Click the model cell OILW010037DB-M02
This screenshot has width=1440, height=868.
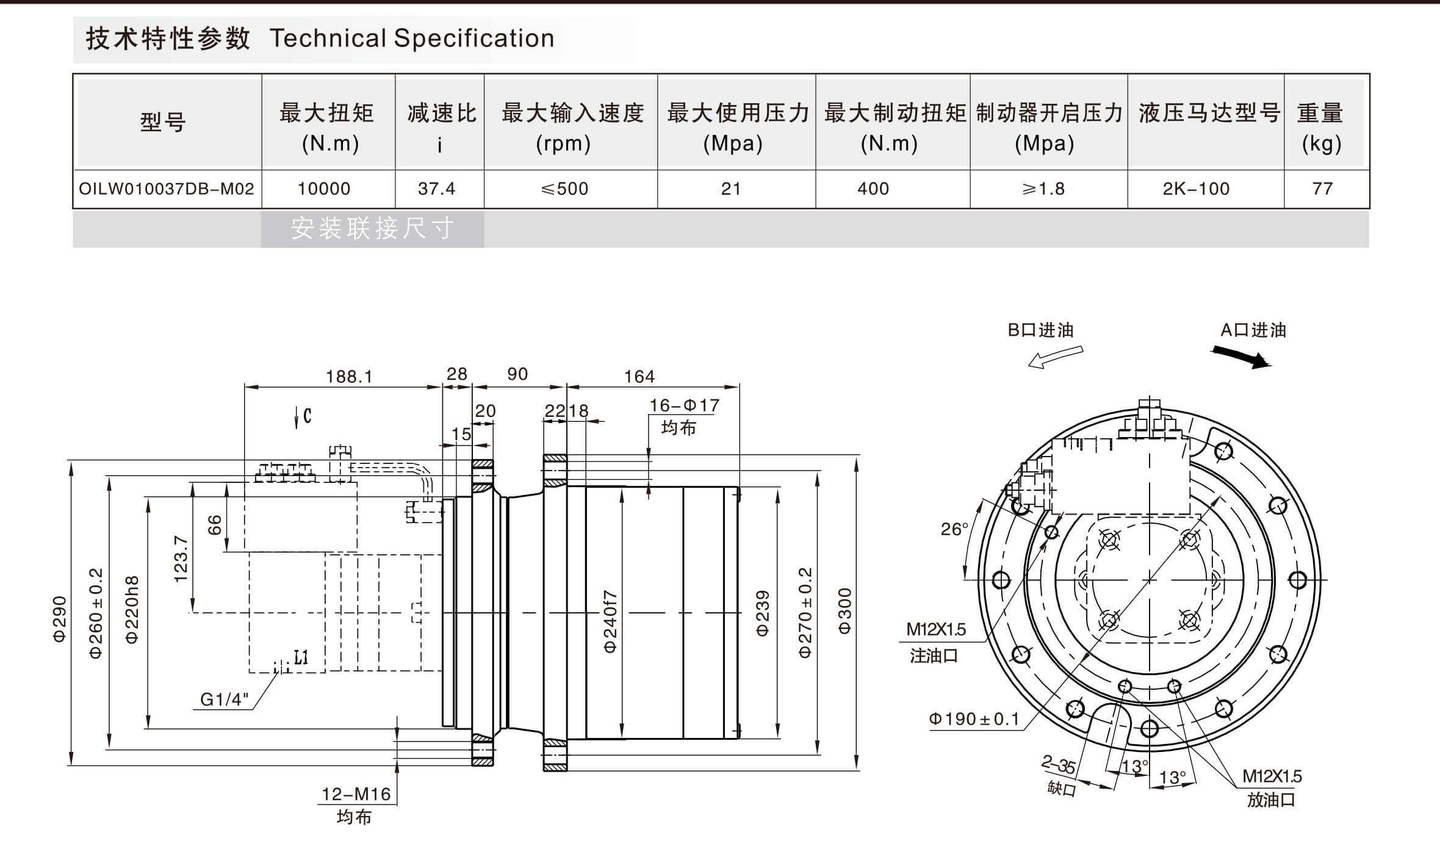[x=166, y=189]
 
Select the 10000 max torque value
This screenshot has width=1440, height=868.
[x=324, y=189]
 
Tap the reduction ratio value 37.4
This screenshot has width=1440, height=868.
[x=436, y=189]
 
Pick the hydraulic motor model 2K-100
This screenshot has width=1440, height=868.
[x=1196, y=189]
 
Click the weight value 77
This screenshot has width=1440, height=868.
[x=1323, y=189]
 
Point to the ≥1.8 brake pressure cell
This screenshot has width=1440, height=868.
[x=1044, y=189]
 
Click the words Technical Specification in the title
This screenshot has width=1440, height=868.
[x=412, y=38]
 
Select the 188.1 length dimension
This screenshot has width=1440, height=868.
[x=348, y=377]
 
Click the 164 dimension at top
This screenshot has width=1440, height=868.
[x=639, y=377]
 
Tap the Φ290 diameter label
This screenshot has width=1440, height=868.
[x=59, y=619]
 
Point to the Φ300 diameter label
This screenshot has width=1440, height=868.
[x=844, y=611]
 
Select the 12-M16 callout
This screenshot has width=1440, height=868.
[x=356, y=794]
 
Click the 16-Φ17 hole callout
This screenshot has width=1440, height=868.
[x=684, y=405]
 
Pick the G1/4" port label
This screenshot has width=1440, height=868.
[x=225, y=700]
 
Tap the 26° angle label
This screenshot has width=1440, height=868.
[x=954, y=529]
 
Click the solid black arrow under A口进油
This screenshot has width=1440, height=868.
[x=1242, y=358]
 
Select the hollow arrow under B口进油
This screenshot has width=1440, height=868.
[x=1056, y=357]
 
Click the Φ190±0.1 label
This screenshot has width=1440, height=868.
[x=974, y=719]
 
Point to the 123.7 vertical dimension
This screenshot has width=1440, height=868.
[x=181, y=559]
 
